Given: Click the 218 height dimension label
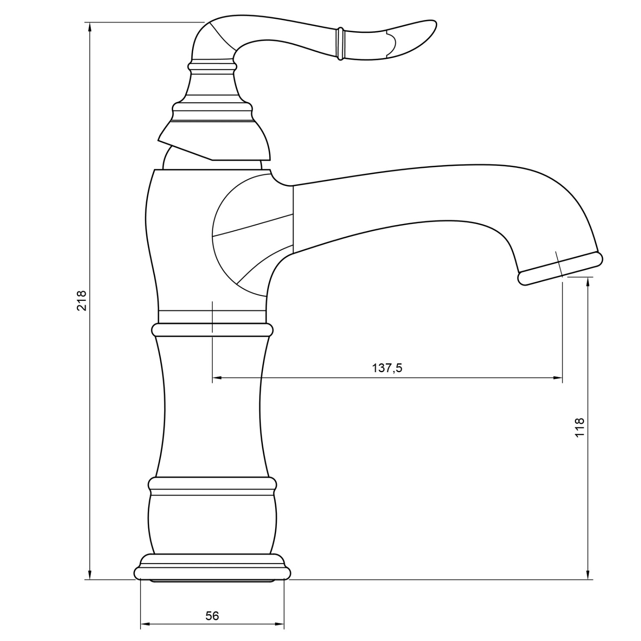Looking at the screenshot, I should (x=82, y=300).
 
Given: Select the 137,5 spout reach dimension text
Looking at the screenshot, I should (x=387, y=368).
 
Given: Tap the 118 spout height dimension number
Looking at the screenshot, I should (x=579, y=427).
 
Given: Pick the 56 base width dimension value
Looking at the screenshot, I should (x=212, y=616).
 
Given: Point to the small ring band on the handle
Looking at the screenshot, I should (x=340, y=44).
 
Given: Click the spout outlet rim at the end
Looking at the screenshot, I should (x=560, y=268).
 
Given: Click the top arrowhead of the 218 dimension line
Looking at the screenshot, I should (x=90, y=26).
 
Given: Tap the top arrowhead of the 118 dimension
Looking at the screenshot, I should (x=589, y=281).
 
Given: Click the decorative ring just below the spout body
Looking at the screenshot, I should (x=212, y=330).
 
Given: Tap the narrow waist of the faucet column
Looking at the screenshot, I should (x=212, y=406).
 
